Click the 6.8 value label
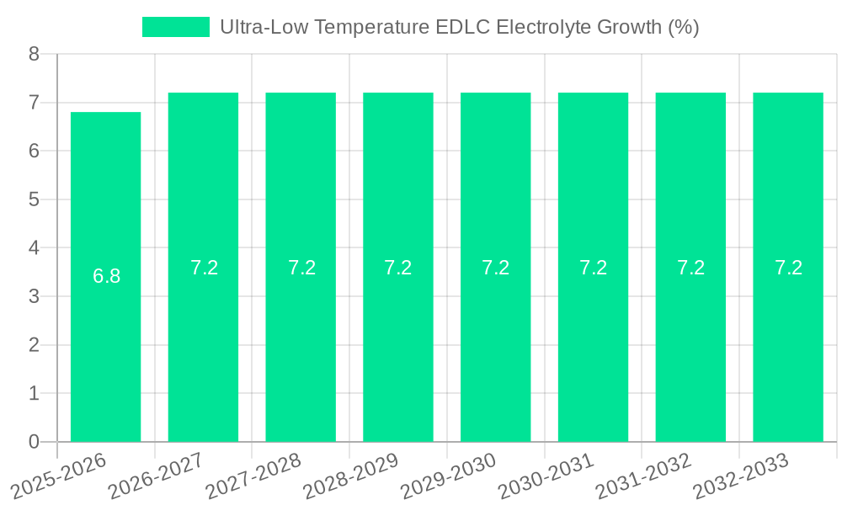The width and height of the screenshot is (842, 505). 106,276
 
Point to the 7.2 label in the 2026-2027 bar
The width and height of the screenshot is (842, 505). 204,268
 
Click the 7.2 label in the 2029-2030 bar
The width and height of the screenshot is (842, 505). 495,268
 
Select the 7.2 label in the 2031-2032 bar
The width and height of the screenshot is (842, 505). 690,268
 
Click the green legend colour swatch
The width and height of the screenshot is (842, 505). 175,27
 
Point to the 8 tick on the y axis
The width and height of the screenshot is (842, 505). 34,54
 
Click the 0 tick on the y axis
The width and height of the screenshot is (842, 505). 34,442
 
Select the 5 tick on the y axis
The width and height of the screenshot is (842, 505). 34,199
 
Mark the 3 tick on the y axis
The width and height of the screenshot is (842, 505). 34,296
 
